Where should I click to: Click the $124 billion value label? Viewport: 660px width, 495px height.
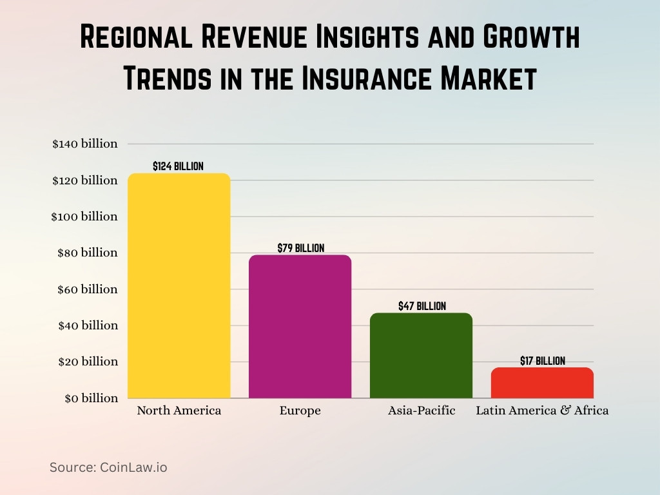coord(178,166)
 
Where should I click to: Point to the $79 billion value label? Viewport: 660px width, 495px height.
coord(300,248)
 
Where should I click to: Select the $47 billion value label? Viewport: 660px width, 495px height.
coord(422,306)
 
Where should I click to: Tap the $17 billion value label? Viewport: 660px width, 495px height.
coord(542,361)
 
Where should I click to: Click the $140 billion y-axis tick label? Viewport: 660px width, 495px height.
coord(85,144)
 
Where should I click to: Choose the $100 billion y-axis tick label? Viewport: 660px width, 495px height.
coord(84,217)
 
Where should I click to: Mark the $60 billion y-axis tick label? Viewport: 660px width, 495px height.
coord(88,289)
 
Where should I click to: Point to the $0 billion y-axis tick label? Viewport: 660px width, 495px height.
coord(91,398)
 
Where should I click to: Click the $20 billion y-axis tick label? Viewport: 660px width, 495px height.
coord(88,362)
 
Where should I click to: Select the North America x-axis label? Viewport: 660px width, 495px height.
coord(179,411)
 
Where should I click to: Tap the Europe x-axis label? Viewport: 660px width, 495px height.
coord(300,411)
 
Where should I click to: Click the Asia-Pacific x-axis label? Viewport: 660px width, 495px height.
coord(421,411)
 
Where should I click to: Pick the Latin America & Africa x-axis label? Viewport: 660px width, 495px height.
coord(542,411)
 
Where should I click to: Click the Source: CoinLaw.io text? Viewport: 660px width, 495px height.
coord(108,467)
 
